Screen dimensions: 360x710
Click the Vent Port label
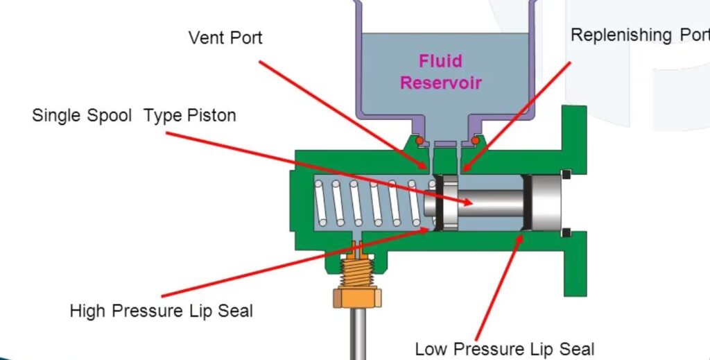coord(225,37)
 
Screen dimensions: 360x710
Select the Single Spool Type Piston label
coord(134,115)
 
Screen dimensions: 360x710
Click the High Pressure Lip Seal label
coord(161,310)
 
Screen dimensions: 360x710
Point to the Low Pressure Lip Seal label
coord(504,348)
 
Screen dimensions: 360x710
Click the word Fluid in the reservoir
coord(440,62)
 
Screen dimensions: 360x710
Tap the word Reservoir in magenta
coord(440,83)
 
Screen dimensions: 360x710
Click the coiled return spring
coord(367,203)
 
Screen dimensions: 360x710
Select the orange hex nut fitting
coord(357,298)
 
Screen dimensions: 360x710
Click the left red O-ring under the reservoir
coord(419,142)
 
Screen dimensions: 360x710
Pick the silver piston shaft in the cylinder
coord(489,203)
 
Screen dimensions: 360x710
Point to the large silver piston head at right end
coord(545,203)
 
